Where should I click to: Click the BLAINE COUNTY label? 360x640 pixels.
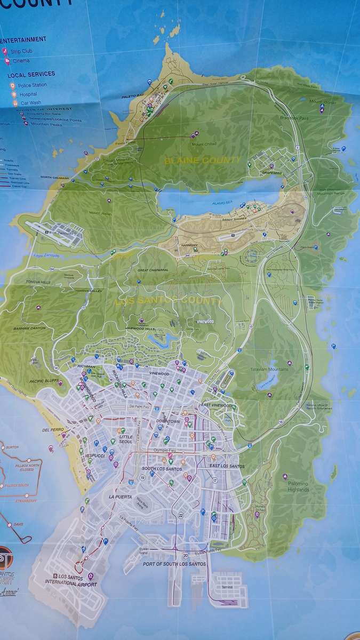[203, 160]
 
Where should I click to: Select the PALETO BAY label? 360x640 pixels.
[133, 95]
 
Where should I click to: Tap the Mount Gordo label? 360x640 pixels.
[323, 101]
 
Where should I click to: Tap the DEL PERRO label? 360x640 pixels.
[53, 429]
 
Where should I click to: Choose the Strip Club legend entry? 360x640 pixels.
[21, 52]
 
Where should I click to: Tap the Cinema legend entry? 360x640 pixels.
[19, 61]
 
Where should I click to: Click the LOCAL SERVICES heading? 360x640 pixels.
[31, 74]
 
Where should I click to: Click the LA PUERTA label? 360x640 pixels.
[119, 497]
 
